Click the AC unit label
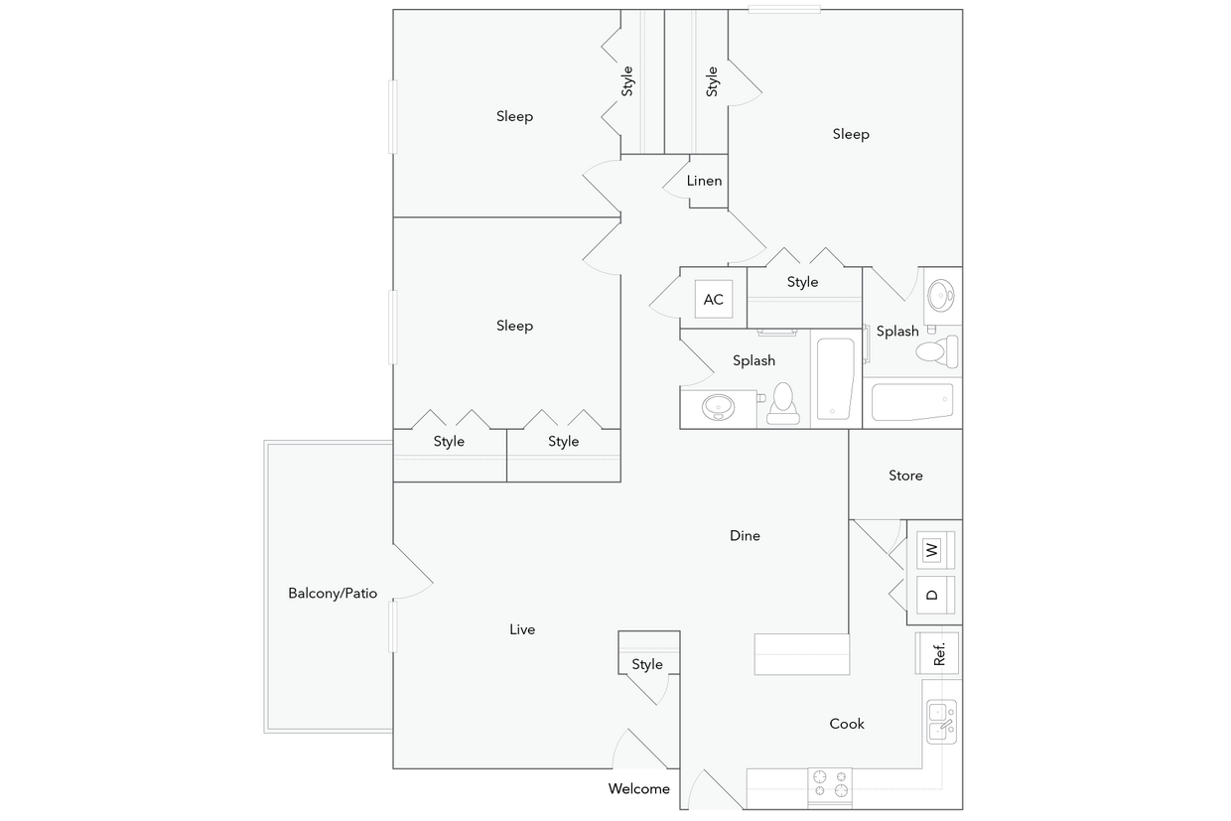[713, 299]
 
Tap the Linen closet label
[704, 181]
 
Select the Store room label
[905, 476]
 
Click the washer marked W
[933, 548]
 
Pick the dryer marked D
[933, 595]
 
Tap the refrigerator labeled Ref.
[938, 653]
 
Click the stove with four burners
[831, 784]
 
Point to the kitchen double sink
[940, 722]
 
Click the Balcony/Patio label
[333, 594]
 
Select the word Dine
[745, 536]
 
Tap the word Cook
[847, 724]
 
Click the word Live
[522, 629]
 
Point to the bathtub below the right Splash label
[912, 403]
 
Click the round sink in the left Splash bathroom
[717, 406]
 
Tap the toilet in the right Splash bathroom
[936, 350]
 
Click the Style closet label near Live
[647, 665]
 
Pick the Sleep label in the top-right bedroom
[851, 134]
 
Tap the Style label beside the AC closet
[802, 282]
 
